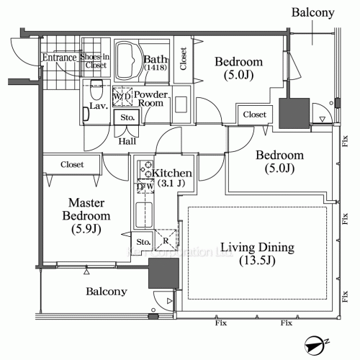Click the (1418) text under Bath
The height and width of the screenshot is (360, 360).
pyautogui.click(x=154, y=68)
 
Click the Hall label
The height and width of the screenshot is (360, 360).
pyautogui.click(x=127, y=141)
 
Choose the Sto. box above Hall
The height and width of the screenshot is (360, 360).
pyautogui.click(x=127, y=117)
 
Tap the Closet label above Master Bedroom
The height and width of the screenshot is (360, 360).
pyautogui.click(x=72, y=164)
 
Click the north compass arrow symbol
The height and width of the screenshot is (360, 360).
pyautogui.click(x=314, y=346)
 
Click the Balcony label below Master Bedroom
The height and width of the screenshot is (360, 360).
pyautogui.click(x=107, y=292)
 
